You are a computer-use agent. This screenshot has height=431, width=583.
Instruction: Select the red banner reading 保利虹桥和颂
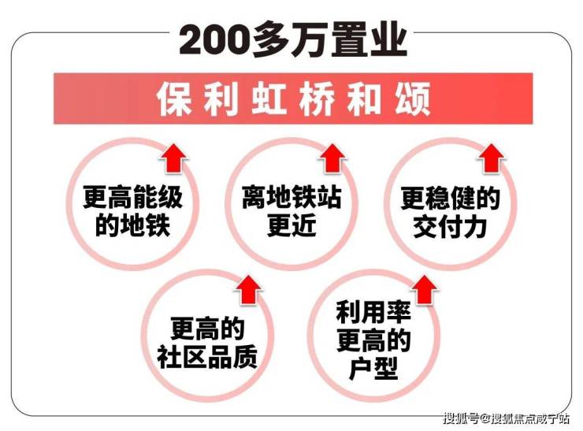(x=293, y=98)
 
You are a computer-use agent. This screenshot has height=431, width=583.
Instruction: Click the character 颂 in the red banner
(x=413, y=99)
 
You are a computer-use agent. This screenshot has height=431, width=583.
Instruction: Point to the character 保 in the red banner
(x=174, y=99)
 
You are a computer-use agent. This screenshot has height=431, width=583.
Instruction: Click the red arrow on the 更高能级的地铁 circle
(x=174, y=158)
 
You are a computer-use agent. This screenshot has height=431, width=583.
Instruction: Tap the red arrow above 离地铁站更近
(x=332, y=158)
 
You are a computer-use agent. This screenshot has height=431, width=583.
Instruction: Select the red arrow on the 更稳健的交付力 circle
(x=492, y=158)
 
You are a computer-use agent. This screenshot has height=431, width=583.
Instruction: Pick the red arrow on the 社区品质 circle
(x=248, y=290)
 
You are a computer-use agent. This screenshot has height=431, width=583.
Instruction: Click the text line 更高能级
(x=132, y=197)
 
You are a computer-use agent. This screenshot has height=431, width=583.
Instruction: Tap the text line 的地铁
(x=132, y=225)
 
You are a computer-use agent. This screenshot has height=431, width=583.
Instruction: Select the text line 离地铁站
(x=291, y=197)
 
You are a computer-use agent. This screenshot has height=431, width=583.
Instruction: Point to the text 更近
(x=291, y=225)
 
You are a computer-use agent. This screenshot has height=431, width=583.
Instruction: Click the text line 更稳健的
(x=451, y=199)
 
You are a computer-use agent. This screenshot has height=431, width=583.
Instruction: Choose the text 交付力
(x=451, y=226)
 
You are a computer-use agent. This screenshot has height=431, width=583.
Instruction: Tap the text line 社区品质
(x=207, y=357)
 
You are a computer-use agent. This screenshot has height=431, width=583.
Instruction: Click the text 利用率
(x=373, y=312)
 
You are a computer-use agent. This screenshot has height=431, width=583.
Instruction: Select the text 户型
(x=373, y=368)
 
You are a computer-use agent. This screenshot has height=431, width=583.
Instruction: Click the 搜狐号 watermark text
(x=460, y=418)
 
